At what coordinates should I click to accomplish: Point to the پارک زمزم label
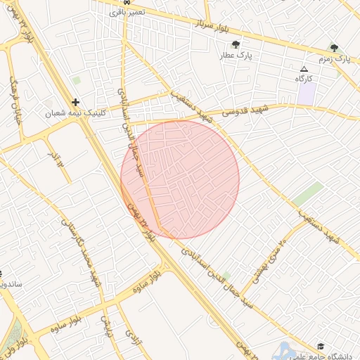tap(335, 59)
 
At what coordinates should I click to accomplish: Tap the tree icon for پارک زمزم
tap(335, 49)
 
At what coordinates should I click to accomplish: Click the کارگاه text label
tap(304, 79)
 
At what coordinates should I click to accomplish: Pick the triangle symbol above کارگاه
tap(304, 69)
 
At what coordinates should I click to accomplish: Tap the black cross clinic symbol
tap(75, 103)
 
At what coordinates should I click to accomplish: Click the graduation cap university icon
tap(321, 347)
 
